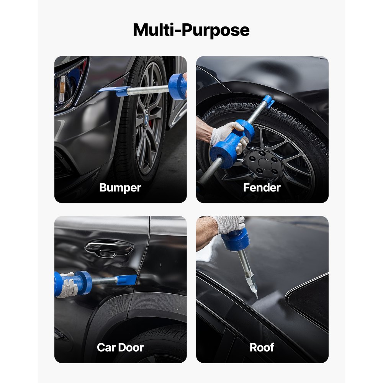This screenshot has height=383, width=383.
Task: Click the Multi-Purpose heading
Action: [x=191, y=30]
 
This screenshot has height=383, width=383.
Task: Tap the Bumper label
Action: [x=120, y=188]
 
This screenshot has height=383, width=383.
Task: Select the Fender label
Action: [x=262, y=188]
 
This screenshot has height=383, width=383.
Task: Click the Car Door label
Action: [x=120, y=347]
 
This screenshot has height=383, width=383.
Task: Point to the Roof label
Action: [x=262, y=347]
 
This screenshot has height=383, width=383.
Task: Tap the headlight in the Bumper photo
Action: [x=69, y=82]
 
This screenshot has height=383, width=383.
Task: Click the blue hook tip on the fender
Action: [x=268, y=101]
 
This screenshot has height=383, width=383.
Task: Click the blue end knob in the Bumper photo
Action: [x=177, y=86]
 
